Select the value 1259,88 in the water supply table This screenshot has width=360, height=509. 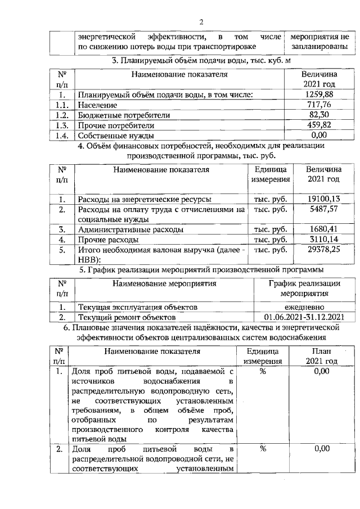319,94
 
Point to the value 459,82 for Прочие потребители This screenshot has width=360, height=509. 319,125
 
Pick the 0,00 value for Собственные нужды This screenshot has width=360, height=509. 319,135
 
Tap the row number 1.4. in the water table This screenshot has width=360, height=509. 62,135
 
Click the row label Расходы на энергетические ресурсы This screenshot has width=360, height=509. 145,199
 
